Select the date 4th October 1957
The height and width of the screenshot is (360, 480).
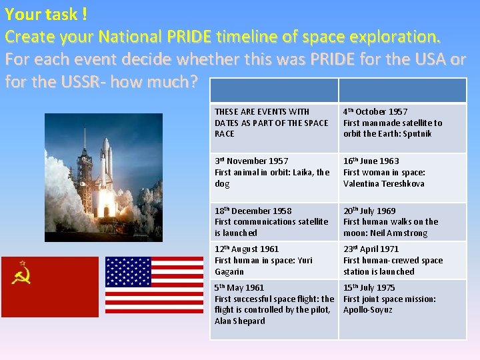(x=375, y=112)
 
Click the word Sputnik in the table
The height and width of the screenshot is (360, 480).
(x=417, y=134)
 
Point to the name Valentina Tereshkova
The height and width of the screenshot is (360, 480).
(x=383, y=184)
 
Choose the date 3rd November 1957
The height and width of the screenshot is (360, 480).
(x=251, y=161)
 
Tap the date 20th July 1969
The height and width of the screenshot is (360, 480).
(x=369, y=211)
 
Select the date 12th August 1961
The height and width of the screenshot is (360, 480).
(x=247, y=249)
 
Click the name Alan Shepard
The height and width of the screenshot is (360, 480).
(x=239, y=321)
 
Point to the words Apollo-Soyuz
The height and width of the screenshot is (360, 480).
(x=367, y=310)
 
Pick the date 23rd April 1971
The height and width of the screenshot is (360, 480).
(x=371, y=249)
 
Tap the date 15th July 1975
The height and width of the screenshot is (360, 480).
(x=369, y=288)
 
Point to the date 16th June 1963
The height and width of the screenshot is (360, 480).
(x=371, y=161)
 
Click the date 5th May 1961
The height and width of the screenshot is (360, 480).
(x=239, y=288)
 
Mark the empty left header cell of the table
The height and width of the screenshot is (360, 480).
(x=274, y=91)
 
